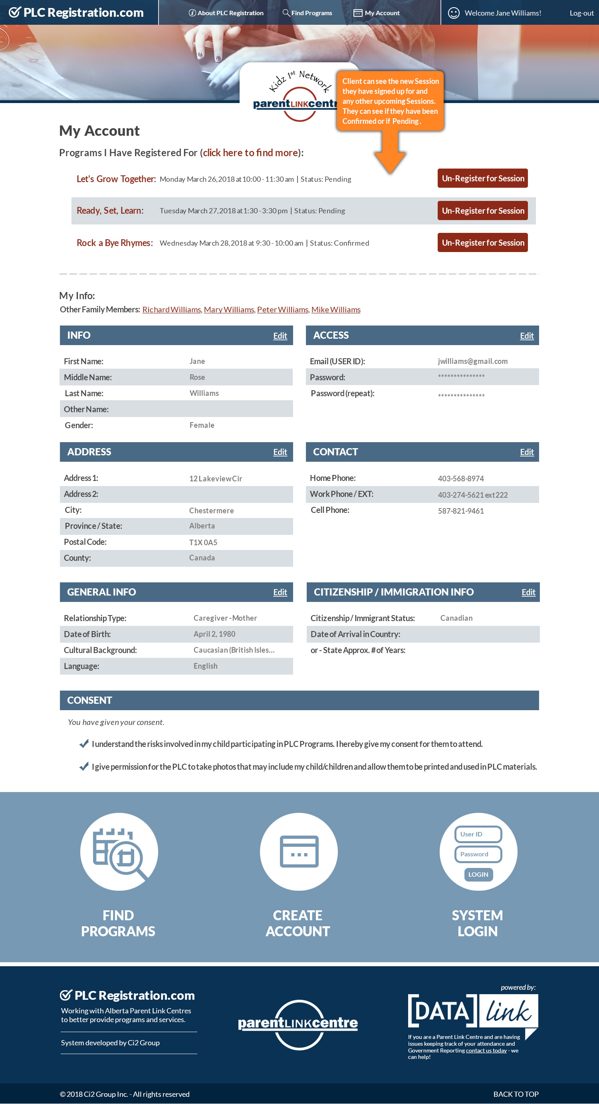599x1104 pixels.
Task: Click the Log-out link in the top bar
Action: [581, 13]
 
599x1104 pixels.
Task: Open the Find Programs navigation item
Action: [307, 13]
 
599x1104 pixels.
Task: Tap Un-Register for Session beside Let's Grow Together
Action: [482, 178]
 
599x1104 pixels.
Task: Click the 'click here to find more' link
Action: [250, 153]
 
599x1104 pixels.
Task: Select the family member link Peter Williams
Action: [282, 310]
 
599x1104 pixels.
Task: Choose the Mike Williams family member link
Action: [335, 310]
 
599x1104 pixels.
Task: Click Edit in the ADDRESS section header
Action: [280, 452]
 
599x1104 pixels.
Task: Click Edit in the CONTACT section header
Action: [526, 452]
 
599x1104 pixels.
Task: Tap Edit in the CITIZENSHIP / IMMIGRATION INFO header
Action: [528, 592]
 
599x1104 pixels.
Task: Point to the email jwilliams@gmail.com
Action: [472, 361]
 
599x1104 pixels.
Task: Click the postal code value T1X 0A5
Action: [203, 542]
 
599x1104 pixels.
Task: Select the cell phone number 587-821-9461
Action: [460, 511]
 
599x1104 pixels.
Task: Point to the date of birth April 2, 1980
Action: [214, 634]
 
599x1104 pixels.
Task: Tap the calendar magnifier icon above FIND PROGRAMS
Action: [119, 852]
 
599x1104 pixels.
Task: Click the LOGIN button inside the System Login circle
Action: [478, 874]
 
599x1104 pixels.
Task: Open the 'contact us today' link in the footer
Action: [486, 1050]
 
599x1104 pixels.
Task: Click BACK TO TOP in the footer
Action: [516, 1094]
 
